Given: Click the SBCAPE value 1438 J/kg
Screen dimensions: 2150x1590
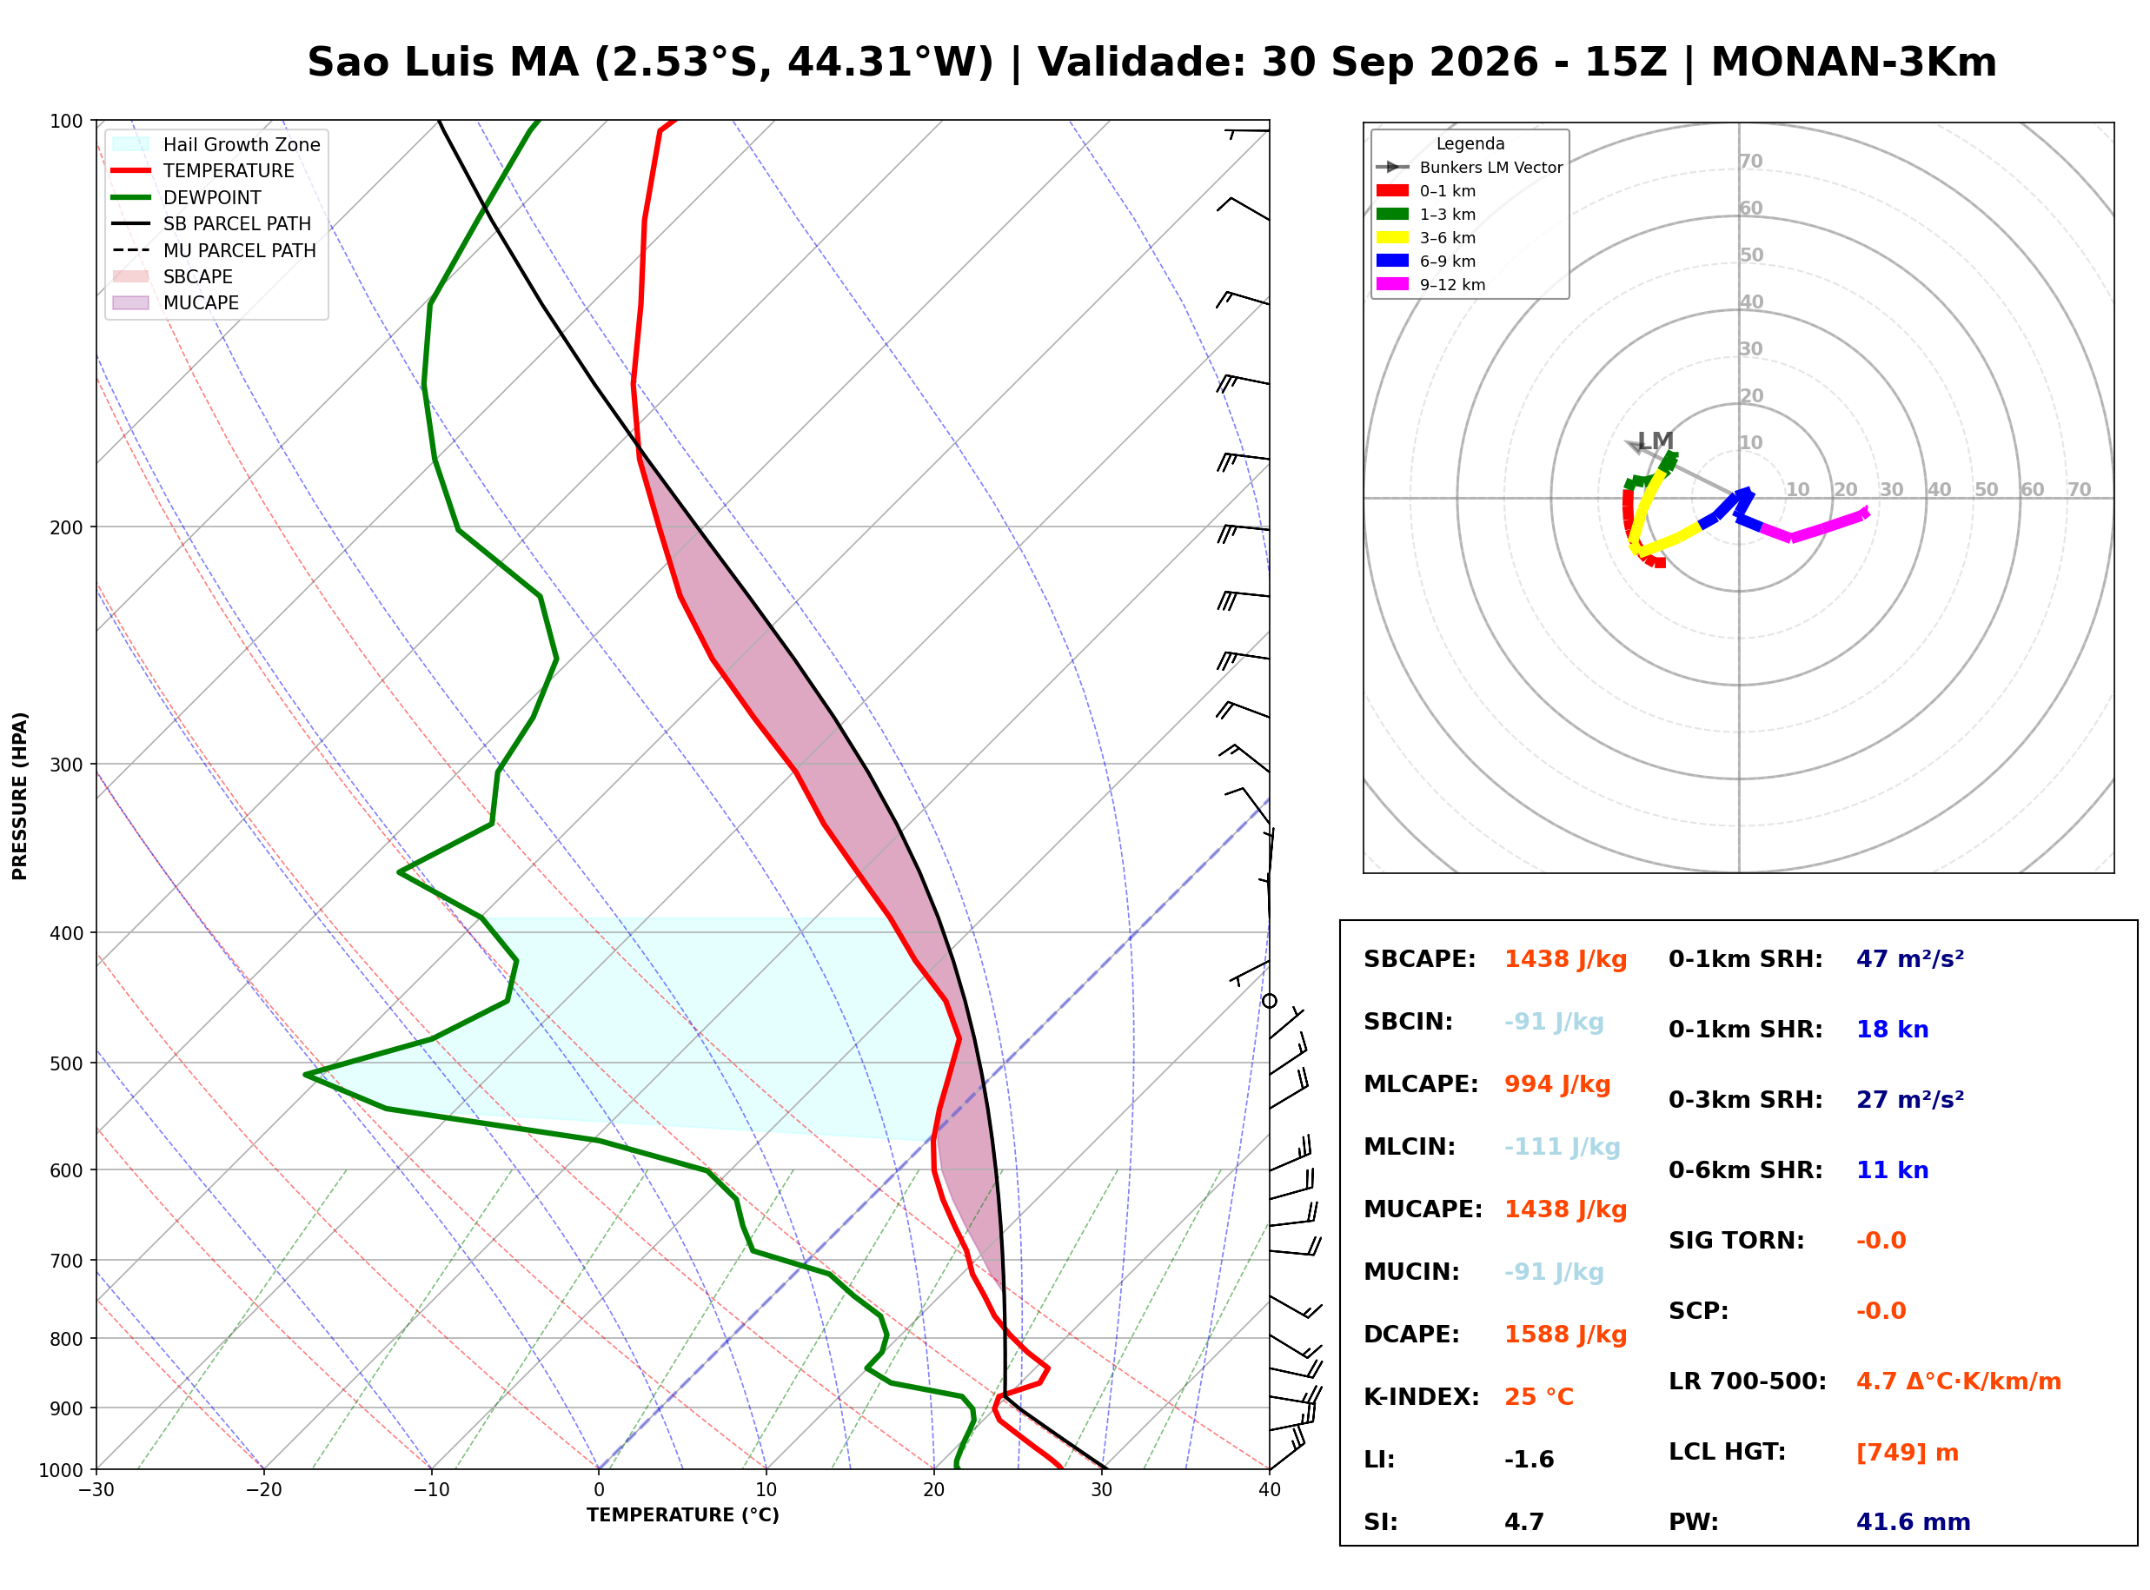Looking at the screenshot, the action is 1566,959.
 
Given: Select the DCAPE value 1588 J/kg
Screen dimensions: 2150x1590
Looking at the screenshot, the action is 1566,1335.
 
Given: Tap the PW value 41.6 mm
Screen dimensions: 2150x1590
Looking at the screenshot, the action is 1914,1522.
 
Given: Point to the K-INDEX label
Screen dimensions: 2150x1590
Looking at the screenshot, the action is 1422,1397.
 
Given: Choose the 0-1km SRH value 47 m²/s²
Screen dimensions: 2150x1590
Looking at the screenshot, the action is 1910,959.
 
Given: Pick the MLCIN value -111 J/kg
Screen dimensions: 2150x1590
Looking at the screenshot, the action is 1563,1147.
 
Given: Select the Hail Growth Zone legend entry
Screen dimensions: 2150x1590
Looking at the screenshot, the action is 216,144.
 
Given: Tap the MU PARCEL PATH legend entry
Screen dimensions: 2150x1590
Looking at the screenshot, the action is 214,250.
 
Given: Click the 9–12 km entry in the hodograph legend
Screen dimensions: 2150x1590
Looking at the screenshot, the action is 1431,285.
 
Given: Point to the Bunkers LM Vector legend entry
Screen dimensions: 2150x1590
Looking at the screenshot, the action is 1470,168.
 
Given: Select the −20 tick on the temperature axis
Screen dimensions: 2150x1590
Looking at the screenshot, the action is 263,1491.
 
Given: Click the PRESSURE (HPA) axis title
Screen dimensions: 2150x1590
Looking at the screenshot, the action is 20,796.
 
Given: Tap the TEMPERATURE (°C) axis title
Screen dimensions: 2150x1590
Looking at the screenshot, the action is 683,1516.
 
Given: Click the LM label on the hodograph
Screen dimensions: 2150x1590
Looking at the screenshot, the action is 1656,441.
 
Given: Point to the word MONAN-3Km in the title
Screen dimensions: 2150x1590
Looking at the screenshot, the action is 1854,63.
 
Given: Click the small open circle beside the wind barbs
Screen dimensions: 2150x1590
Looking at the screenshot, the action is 1270,1002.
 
